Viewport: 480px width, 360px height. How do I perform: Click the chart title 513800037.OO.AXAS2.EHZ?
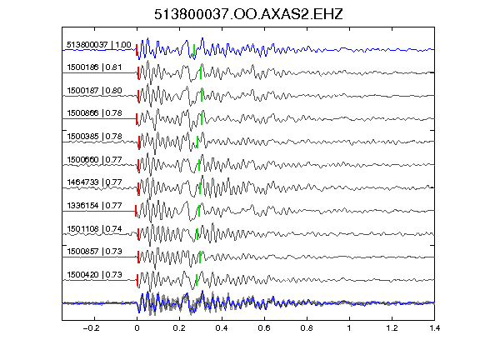click(x=248, y=14)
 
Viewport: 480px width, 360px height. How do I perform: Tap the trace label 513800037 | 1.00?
click(x=99, y=45)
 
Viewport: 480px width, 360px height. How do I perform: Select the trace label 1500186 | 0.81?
click(x=94, y=67)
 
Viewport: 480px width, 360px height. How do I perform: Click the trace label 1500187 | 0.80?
click(x=94, y=91)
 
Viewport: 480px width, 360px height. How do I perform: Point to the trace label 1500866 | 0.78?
click(x=94, y=113)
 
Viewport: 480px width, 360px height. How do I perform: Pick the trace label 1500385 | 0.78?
click(x=94, y=137)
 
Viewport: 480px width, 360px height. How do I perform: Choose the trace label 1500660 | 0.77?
click(x=94, y=160)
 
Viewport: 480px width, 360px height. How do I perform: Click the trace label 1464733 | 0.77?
click(x=94, y=182)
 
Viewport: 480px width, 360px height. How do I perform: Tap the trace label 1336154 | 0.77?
click(x=94, y=205)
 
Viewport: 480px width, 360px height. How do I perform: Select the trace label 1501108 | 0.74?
click(x=94, y=229)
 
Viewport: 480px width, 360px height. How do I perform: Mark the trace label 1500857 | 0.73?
click(x=94, y=252)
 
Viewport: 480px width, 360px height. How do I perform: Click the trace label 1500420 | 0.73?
click(x=94, y=275)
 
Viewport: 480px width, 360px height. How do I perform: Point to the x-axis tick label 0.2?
click(x=179, y=328)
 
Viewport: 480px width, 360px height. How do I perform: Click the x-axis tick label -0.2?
click(x=91, y=328)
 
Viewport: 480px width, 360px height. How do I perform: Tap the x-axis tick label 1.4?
click(x=434, y=328)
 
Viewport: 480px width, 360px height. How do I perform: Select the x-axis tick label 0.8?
click(x=307, y=328)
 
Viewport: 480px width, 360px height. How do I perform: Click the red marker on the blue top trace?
click(x=137, y=50)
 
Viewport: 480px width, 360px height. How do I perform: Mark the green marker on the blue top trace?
click(x=194, y=50)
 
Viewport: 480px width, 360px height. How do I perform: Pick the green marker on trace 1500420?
click(x=197, y=280)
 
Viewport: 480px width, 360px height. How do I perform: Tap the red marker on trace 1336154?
click(x=136, y=211)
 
